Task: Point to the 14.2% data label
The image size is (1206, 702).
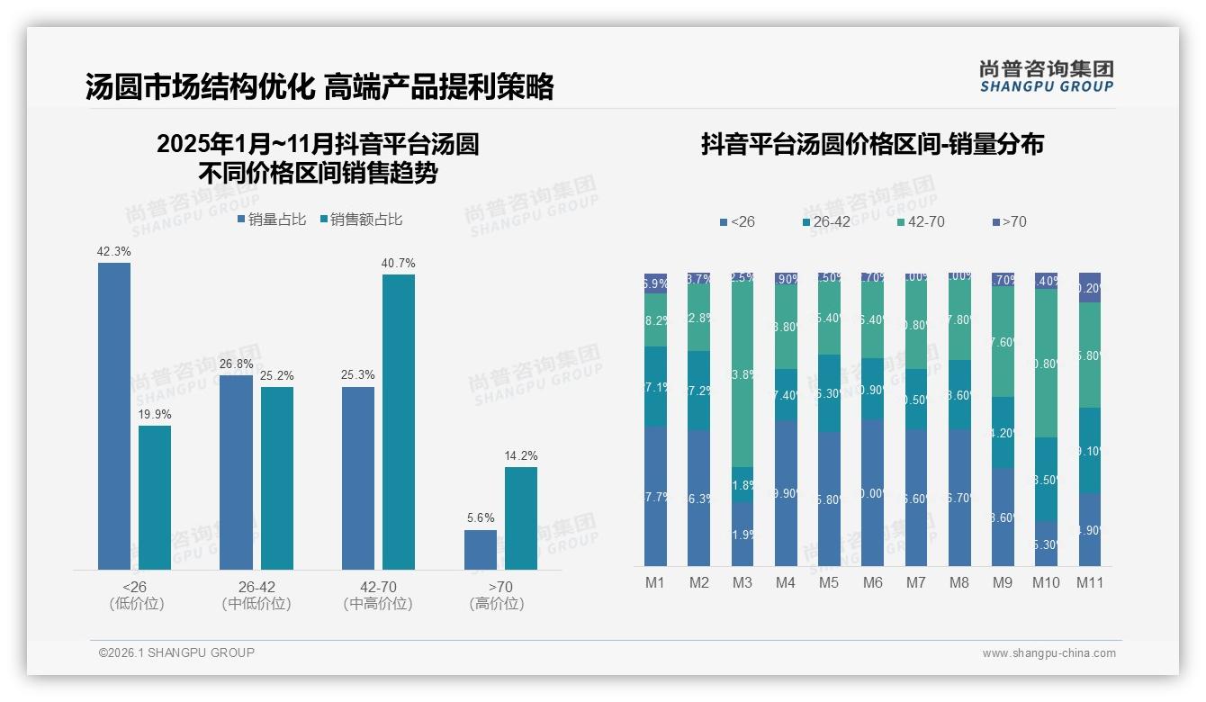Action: click(521, 456)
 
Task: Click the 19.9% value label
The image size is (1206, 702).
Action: click(155, 415)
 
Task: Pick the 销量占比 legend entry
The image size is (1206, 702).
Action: click(273, 220)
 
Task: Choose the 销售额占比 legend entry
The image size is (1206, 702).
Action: click(362, 220)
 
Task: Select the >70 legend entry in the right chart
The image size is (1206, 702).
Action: click(1009, 221)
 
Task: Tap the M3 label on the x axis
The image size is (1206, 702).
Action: click(742, 583)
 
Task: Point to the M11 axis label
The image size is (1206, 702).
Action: click(1090, 583)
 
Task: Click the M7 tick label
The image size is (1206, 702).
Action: click(916, 583)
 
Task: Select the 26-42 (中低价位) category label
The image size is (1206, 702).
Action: click(256, 595)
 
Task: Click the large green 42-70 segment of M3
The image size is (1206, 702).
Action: click(742, 373)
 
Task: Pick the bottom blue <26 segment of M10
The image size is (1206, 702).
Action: click(1046, 544)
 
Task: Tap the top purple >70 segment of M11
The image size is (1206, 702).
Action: click(1090, 287)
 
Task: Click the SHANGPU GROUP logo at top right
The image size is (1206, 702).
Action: click(1046, 76)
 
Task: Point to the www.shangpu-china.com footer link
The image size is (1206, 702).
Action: click(1048, 653)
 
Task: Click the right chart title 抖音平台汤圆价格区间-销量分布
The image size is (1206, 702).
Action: click(872, 145)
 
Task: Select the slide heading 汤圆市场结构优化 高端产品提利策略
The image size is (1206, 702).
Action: click(319, 86)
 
